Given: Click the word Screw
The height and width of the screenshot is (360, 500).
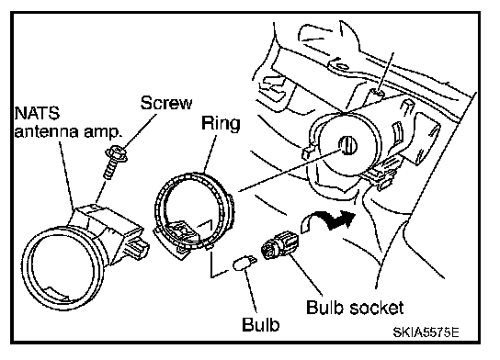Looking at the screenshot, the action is (166, 103).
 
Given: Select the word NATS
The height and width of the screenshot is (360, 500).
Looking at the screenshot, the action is (37, 113).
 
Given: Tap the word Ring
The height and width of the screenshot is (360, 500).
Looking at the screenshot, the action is (221, 124).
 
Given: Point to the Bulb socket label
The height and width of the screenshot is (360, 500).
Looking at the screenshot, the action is (355, 308).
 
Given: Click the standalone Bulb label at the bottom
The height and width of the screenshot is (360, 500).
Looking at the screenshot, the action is (260, 324).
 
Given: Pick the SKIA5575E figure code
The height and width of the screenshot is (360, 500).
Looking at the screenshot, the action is (426, 332).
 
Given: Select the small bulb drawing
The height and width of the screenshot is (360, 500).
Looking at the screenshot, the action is (244, 264).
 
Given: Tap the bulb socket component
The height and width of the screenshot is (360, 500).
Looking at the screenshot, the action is (279, 244).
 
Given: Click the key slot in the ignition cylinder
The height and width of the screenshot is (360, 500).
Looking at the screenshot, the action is (347, 146).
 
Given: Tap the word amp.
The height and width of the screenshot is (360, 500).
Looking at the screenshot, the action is (103, 132).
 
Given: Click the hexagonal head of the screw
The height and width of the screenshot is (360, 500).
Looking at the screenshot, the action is (117, 153).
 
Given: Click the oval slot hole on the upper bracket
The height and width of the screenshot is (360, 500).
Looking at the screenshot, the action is (342, 67).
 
